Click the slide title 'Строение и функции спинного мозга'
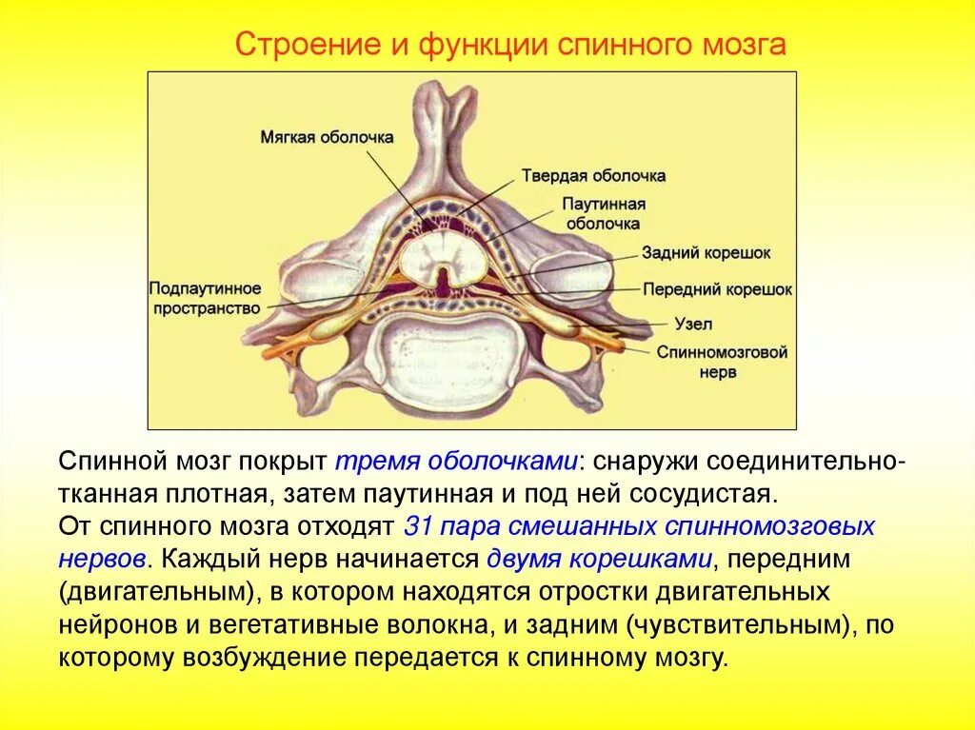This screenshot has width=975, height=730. pyautogui.click(x=511, y=46)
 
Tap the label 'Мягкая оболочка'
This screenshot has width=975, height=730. pyautogui.click(x=327, y=137)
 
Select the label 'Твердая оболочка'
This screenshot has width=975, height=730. pyautogui.click(x=593, y=176)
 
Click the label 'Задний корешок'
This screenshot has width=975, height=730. pyautogui.click(x=706, y=253)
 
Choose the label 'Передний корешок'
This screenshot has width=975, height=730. pyautogui.click(x=717, y=289)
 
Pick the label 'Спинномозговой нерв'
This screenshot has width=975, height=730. pyautogui.click(x=722, y=362)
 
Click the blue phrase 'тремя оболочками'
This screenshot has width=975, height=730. pyautogui.click(x=457, y=461)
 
